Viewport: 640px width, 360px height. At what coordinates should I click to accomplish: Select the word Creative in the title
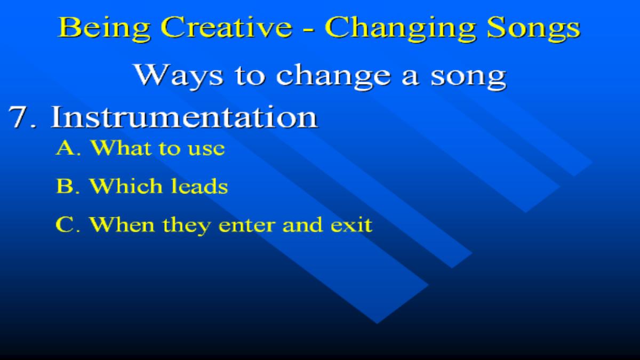tap(226, 27)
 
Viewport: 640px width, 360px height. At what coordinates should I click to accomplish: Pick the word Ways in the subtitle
tap(178, 75)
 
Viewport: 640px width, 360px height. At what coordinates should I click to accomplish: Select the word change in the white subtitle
tap(333, 75)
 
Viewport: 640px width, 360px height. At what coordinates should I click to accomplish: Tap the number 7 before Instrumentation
tap(19, 117)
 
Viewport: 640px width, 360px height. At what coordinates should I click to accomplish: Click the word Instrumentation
tap(185, 117)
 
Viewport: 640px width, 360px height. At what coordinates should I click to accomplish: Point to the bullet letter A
tap(66, 148)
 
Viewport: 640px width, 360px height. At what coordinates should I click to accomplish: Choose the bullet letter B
tap(65, 186)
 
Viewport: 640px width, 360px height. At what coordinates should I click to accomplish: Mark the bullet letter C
tap(65, 225)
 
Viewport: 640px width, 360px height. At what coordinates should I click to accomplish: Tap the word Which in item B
tap(126, 186)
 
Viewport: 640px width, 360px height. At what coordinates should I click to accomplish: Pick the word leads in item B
tap(199, 186)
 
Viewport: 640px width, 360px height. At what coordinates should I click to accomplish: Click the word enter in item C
tap(246, 225)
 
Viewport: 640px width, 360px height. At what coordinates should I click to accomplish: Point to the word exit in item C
tap(351, 225)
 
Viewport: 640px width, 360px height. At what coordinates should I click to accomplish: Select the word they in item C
tap(186, 226)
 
